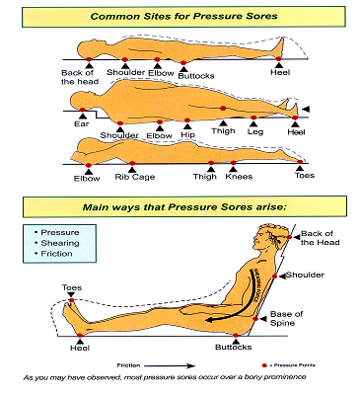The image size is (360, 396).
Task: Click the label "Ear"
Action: point(82,124)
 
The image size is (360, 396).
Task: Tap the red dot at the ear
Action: point(82,110)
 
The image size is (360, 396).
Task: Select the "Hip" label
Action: point(187,135)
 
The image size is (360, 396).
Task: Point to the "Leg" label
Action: point(255,132)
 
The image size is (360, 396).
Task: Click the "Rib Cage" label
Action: point(135,177)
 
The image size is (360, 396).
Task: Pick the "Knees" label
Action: point(239,177)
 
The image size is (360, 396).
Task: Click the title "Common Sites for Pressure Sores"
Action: point(183,16)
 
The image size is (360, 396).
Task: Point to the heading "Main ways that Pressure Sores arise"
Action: point(184,207)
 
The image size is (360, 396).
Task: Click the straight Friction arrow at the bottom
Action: point(170,365)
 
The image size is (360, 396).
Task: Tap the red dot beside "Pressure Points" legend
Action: point(264,365)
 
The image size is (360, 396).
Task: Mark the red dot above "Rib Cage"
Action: point(132,163)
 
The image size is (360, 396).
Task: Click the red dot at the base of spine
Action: point(255,319)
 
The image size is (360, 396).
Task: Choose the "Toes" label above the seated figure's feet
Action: point(72,287)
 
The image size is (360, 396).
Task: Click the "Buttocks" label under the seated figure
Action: point(234,348)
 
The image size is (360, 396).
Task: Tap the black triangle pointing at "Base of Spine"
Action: point(263,319)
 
